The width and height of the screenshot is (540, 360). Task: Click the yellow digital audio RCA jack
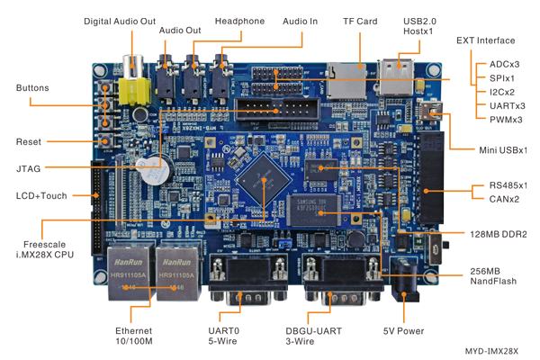tap(137, 87)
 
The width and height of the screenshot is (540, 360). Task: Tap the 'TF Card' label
tap(359, 22)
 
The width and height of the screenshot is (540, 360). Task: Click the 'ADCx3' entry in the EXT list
tap(503, 65)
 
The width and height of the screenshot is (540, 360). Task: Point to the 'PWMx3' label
tap(506, 120)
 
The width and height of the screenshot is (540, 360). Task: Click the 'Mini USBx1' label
tap(502, 149)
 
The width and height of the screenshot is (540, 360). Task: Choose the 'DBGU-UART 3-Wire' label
tap(313, 336)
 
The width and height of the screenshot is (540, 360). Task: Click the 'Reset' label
tap(29, 142)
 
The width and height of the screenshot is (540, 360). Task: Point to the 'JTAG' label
tap(29, 168)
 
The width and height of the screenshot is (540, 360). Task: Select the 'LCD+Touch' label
tap(37, 195)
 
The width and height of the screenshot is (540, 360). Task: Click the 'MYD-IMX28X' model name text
tap(492, 351)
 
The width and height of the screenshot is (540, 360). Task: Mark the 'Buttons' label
tap(32, 88)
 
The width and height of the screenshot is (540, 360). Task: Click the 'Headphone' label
tap(240, 22)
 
